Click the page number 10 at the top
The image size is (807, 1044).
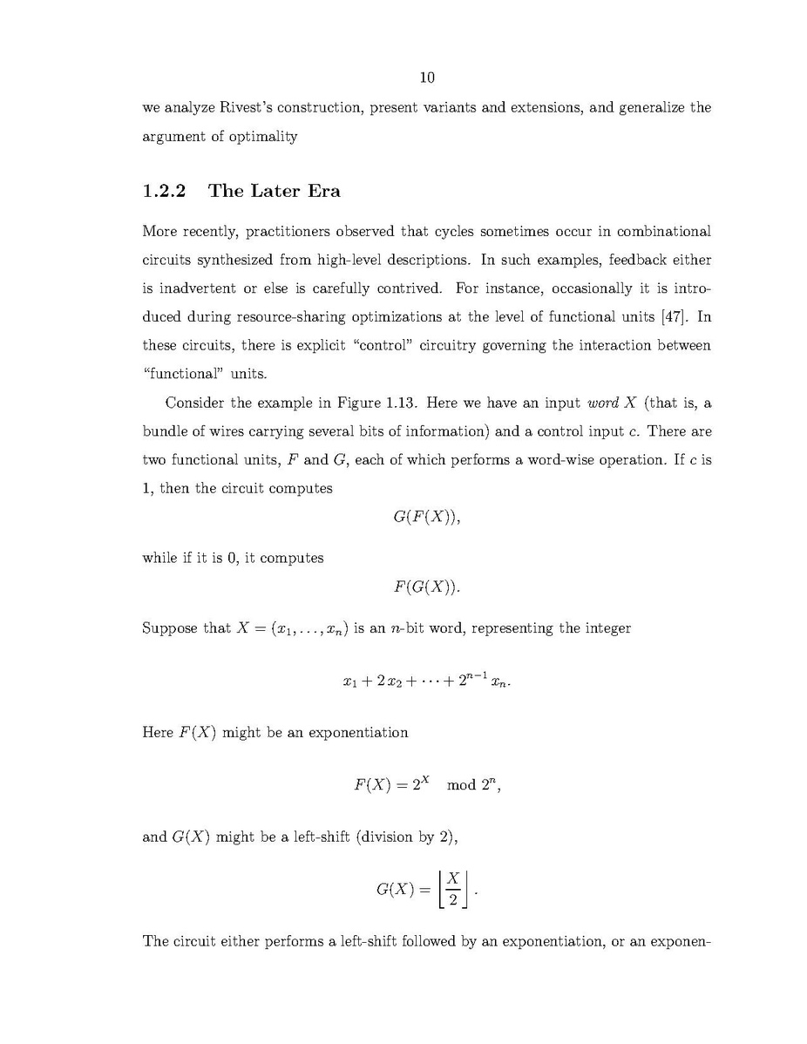(x=427, y=78)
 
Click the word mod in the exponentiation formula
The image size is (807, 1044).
(x=460, y=785)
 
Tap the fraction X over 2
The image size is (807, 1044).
(x=453, y=890)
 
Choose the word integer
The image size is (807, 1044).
(x=607, y=628)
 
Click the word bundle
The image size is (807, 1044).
(x=165, y=431)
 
